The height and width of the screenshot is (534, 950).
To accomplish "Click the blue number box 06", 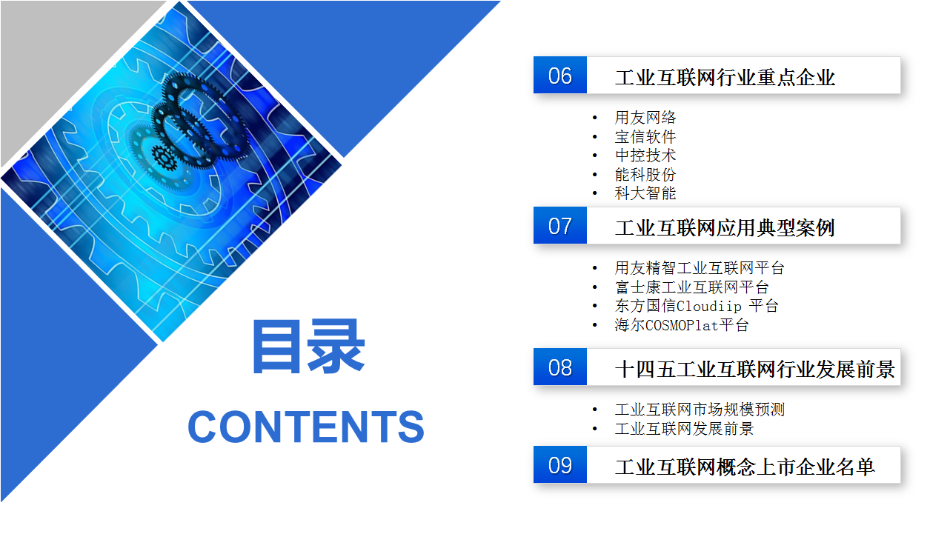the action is (x=559, y=75).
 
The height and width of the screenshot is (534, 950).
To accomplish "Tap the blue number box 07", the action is (x=559, y=225).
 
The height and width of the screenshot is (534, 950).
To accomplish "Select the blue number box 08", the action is (x=559, y=367).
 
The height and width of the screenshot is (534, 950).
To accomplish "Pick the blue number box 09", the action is (x=559, y=465).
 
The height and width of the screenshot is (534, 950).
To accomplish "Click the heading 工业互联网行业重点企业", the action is (x=725, y=78).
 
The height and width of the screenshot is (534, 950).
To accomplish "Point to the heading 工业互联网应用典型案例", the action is (x=725, y=228).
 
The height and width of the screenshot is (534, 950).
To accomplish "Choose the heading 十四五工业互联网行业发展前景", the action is (x=755, y=369).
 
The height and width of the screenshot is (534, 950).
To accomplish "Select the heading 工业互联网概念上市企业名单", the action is (x=745, y=467).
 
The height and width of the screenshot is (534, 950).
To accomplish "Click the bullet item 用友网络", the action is (x=645, y=118).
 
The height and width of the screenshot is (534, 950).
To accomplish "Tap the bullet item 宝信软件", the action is (x=645, y=136).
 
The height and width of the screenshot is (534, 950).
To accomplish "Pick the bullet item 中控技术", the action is (x=645, y=156).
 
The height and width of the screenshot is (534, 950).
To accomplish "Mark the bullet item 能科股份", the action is (x=645, y=174).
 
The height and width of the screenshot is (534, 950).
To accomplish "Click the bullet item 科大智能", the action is (x=645, y=193).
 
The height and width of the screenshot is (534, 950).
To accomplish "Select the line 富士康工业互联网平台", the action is (x=691, y=287).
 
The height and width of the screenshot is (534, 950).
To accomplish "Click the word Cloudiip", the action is (x=709, y=306).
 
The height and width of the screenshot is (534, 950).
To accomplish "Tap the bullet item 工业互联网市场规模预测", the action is (x=700, y=410).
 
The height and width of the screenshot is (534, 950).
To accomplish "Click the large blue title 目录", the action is (x=309, y=347).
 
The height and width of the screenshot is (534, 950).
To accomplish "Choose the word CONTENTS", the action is (x=306, y=427).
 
